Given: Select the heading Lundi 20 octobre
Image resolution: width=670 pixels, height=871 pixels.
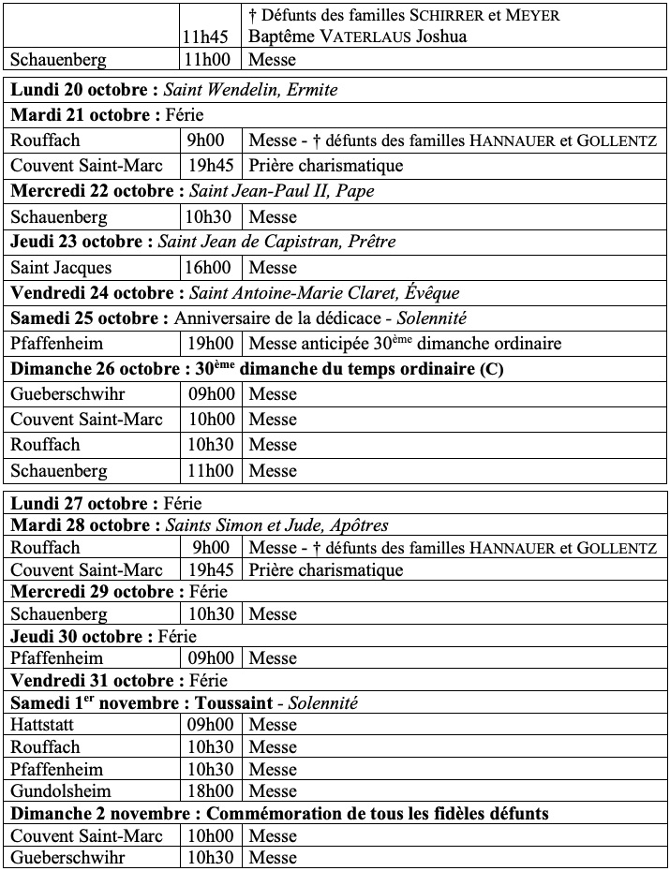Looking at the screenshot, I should point(84,90).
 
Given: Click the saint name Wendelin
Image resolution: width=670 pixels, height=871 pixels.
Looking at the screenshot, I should point(248,90).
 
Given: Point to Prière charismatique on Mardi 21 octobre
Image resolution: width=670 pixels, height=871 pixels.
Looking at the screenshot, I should point(326,166).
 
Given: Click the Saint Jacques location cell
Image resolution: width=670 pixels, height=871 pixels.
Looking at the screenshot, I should point(61,267).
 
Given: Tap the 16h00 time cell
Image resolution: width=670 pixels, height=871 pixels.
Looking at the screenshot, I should point(211,267).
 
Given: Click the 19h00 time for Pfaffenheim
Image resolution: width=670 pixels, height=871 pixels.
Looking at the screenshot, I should point(211,343).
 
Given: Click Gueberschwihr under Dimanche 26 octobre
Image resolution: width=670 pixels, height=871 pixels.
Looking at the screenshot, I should point(67,393).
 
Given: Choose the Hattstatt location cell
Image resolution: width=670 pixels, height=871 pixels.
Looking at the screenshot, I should point(45,725).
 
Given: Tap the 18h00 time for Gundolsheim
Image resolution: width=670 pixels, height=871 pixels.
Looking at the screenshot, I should point(211,791).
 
